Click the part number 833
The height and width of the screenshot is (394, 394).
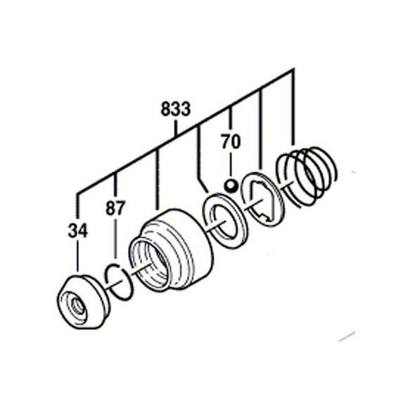click(176, 109)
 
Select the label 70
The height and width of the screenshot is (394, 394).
click(231, 141)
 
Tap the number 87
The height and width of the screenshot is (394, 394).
click(115, 208)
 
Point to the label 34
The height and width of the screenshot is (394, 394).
click(78, 231)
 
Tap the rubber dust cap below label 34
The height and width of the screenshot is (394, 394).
click(83, 302)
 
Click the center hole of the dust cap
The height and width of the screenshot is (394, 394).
click(77, 306)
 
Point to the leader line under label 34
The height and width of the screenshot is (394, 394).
click(77, 255)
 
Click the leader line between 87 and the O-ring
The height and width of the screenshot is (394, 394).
click(115, 238)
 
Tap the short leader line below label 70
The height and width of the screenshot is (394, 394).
click(231, 165)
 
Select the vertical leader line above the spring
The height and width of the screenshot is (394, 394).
click(293, 107)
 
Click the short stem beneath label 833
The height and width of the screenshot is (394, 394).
click(176, 128)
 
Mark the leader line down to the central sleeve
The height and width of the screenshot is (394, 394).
click(158, 179)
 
